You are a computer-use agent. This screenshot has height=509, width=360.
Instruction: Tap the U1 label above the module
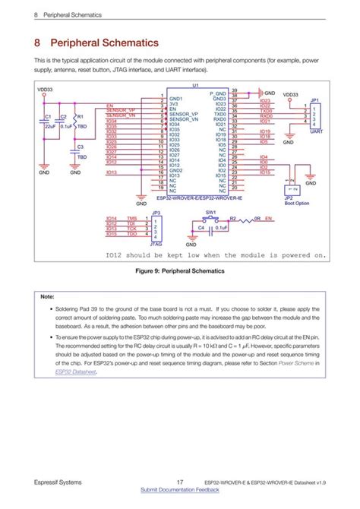(x=195, y=85)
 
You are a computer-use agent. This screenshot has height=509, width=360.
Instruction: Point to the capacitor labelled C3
(x=74, y=151)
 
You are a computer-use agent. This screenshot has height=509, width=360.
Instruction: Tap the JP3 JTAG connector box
(x=156, y=227)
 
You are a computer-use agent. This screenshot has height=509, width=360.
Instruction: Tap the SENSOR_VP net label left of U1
(x=121, y=110)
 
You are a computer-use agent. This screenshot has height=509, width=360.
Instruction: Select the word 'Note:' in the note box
(x=47, y=296)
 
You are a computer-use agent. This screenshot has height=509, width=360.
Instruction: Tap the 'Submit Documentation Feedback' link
(x=180, y=490)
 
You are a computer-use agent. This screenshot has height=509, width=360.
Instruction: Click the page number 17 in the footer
(x=179, y=482)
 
